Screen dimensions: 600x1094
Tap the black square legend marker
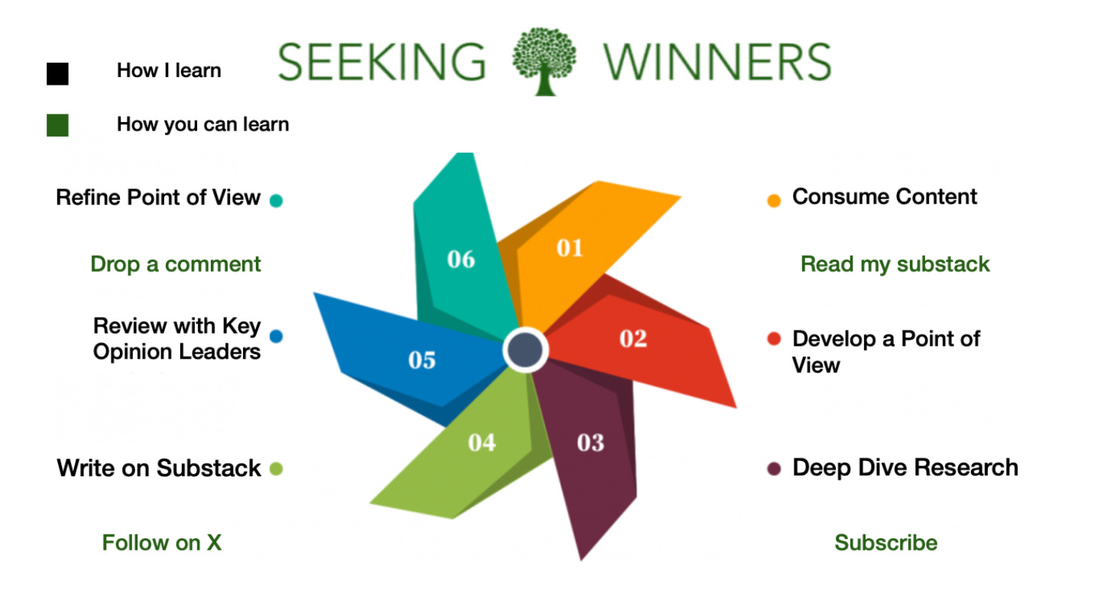(x=57, y=73)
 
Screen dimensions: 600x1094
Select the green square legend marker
(x=57, y=125)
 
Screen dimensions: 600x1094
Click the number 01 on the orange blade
(x=569, y=247)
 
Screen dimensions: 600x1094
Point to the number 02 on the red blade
(x=633, y=338)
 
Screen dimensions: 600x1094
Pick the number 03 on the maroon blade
(x=591, y=442)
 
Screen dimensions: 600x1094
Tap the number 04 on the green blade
(x=481, y=442)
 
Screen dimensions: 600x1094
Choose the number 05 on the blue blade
(x=422, y=360)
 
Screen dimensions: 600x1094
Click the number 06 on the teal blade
(x=461, y=260)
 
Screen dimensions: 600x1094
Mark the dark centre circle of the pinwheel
(x=526, y=350)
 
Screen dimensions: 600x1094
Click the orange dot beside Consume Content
(x=774, y=201)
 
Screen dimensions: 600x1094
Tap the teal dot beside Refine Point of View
(x=276, y=201)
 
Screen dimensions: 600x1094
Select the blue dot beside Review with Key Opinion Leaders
(x=276, y=336)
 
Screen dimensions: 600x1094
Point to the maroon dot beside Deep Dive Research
(x=774, y=469)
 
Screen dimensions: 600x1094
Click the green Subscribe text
(x=885, y=543)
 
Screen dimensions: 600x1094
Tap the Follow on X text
(x=162, y=543)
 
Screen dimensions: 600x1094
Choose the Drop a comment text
(x=176, y=264)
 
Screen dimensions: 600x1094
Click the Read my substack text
(x=895, y=264)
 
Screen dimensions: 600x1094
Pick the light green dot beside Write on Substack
(x=276, y=469)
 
